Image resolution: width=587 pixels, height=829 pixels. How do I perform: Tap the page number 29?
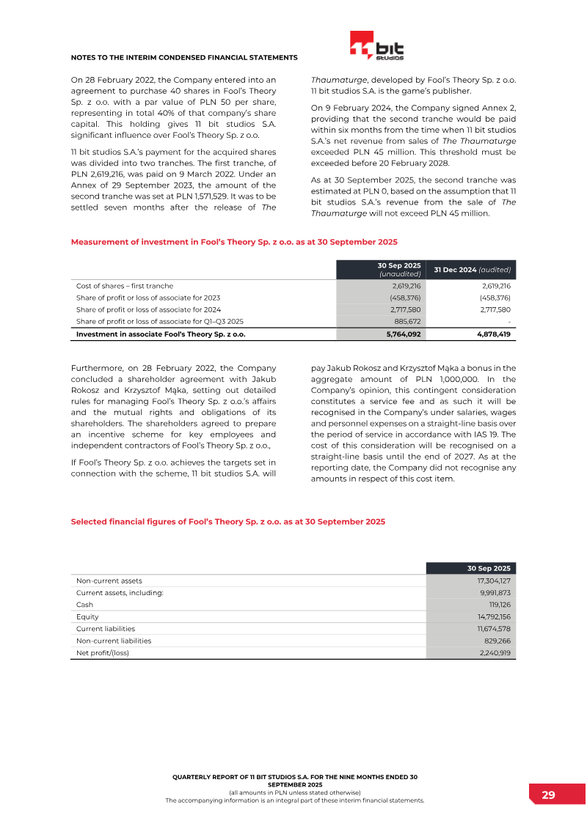coord(548,795)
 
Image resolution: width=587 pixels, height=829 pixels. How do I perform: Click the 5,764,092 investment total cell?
coord(403,334)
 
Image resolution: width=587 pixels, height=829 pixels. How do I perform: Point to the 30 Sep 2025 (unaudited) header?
coord(399,269)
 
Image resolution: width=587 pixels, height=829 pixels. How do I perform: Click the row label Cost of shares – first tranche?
coord(125,286)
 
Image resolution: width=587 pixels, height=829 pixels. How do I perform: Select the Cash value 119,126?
coord(499,605)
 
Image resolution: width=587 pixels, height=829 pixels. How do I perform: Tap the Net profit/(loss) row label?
coord(103,652)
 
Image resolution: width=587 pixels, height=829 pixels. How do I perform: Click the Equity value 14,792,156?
coord(494,616)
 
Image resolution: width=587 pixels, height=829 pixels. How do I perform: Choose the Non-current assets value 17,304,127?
coord(494,581)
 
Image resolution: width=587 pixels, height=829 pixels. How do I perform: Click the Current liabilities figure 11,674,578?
coord(494,629)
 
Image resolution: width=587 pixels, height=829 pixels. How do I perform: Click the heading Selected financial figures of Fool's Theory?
coord(227,522)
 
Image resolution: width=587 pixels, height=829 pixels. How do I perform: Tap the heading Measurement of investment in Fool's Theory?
coord(234,241)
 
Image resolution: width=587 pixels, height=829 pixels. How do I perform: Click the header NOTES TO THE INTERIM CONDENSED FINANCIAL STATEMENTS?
coord(183,57)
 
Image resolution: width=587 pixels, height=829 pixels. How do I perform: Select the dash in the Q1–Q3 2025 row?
coord(508,321)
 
